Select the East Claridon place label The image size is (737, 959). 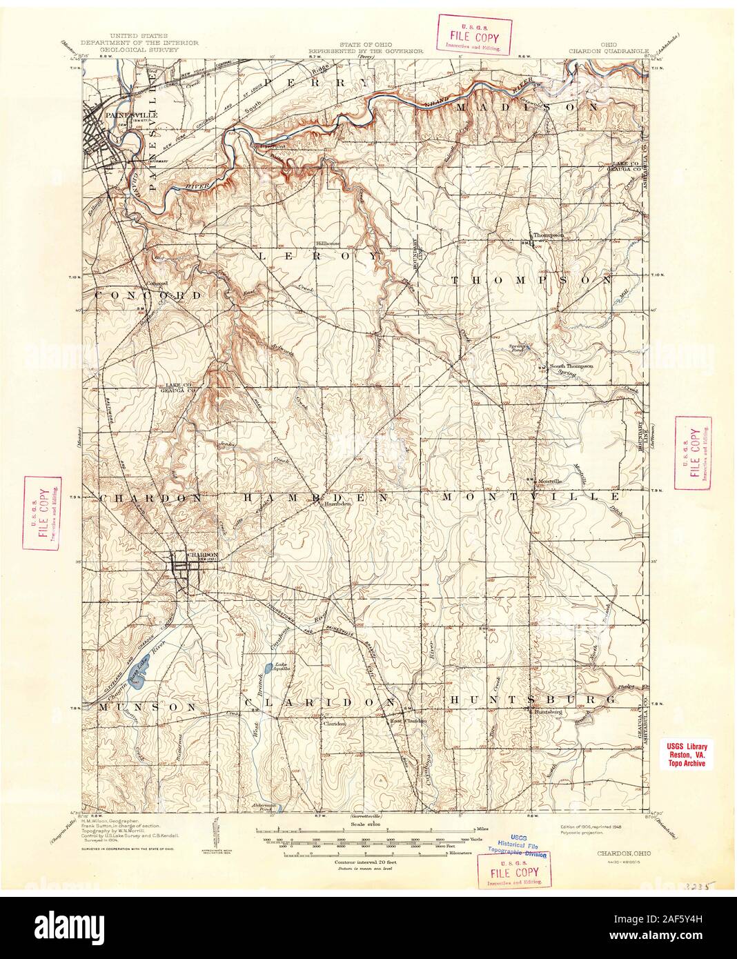(x=406, y=721)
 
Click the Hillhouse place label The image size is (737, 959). (x=328, y=244)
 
